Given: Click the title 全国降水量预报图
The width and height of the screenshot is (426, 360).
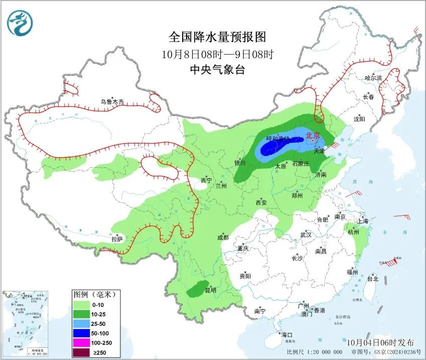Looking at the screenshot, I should [x=217, y=37].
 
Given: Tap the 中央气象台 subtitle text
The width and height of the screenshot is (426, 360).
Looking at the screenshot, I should [x=217, y=70].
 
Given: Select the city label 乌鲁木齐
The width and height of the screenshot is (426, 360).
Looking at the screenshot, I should [x=111, y=102].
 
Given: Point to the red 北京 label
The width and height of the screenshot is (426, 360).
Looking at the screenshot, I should [x=313, y=135].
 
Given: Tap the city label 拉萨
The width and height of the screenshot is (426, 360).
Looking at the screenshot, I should [x=117, y=239].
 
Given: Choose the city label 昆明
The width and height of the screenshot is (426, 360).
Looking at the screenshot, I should [x=210, y=290].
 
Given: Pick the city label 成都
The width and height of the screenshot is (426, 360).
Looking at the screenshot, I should [x=223, y=238].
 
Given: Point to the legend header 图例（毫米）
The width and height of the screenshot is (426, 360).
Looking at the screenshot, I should [x=94, y=294].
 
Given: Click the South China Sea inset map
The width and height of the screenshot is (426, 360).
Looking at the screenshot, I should [x=26, y=321].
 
